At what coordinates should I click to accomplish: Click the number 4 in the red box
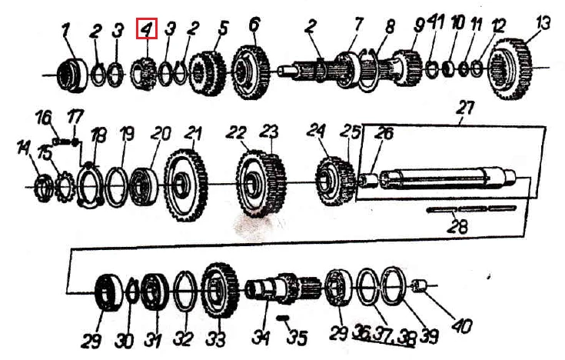point(147,28)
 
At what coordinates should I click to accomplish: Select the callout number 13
point(543,23)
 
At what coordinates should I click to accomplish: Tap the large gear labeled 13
point(512,68)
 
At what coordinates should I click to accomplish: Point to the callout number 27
point(465,108)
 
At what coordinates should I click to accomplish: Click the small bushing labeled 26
point(369,180)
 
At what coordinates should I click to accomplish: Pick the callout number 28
point(457,226)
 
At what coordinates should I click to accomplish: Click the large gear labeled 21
point(186,185)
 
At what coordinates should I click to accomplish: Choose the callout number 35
point(297,338)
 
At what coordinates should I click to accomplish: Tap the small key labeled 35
point(284,318)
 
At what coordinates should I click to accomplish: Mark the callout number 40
point(461,326)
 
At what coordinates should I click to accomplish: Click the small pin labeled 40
point(419,285)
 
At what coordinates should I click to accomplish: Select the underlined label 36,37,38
point(384,336)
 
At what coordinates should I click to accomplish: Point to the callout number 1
point(65,30)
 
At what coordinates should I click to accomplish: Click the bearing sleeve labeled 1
point(72,75)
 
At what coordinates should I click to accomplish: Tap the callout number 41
point(435,23)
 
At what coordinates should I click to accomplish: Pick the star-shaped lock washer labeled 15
point(65,187)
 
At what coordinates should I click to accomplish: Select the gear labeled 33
point(220,290)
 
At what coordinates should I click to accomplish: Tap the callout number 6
point(254,24)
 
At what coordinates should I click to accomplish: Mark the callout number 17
point(75,117)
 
